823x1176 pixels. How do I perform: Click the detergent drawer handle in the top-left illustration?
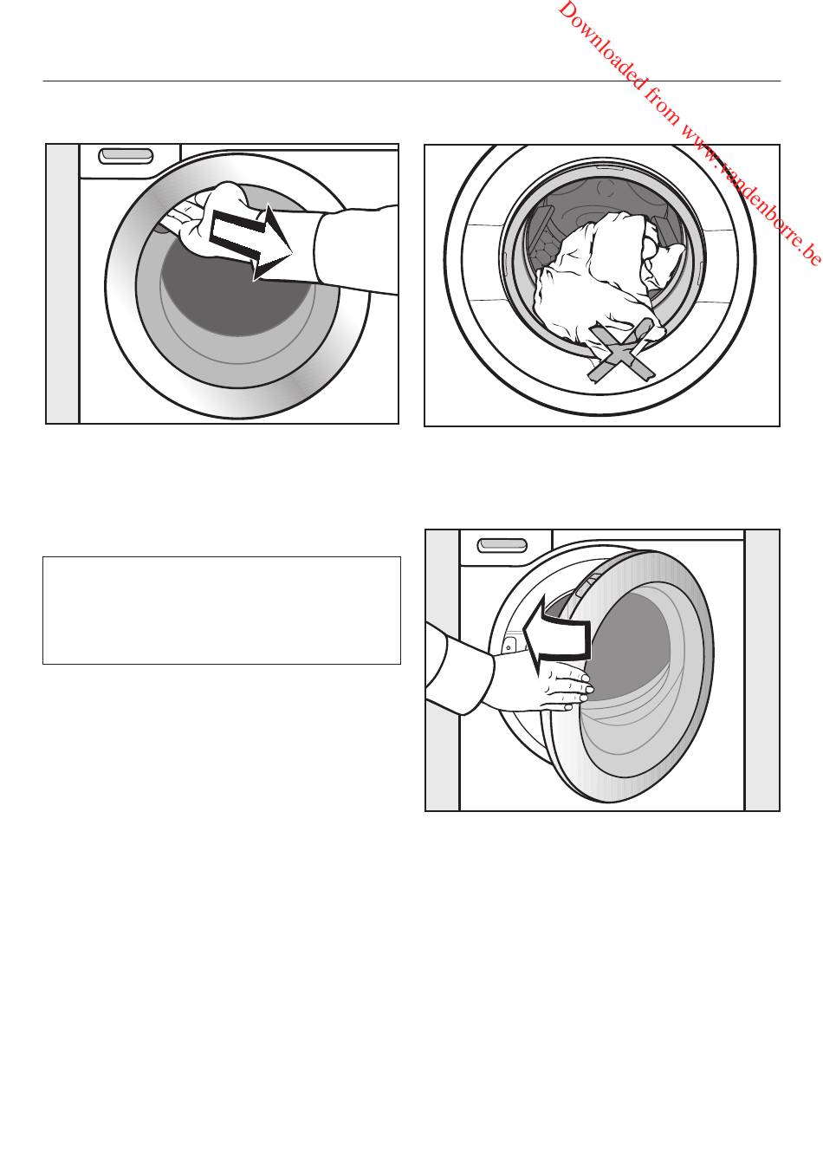click(126, 157)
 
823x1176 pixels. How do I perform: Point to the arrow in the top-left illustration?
click(251, 243)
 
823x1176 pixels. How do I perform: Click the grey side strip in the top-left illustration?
click(62, 283)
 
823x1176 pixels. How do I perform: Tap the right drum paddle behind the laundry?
click(672, 234)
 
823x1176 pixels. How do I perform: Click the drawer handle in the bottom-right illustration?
click(502, 545)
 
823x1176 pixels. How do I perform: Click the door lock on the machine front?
click(509, 646)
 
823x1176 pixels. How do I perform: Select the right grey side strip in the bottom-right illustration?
click(761, 670)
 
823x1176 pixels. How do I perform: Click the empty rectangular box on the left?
click(222, 611)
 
